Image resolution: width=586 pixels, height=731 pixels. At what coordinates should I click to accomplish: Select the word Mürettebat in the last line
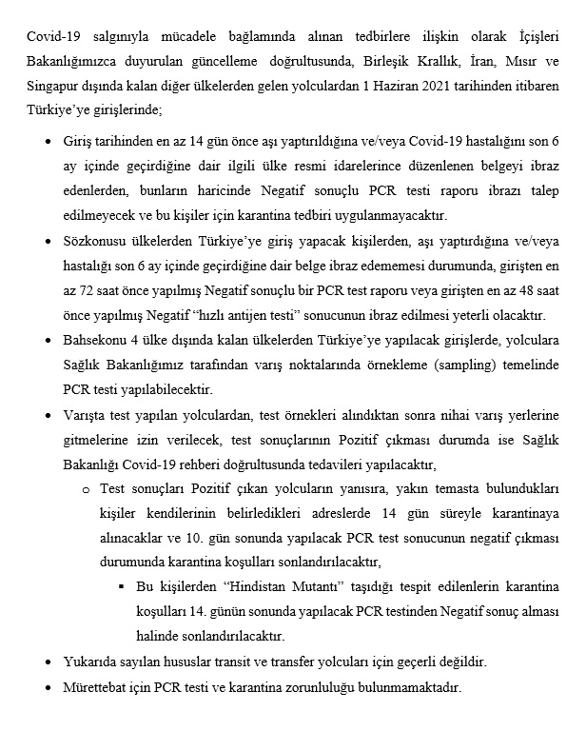[92, 686]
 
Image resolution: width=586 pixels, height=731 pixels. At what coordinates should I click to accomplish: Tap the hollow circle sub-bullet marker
[86, 488]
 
